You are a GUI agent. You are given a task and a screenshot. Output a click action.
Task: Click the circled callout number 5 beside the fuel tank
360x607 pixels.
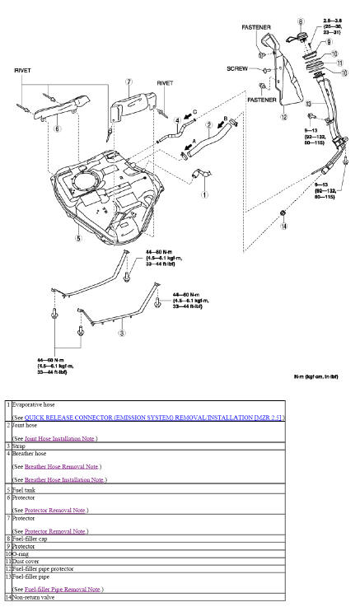[x=78, y=239]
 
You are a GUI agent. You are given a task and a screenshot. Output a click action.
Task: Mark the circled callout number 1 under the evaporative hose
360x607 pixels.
[x=204, y=195]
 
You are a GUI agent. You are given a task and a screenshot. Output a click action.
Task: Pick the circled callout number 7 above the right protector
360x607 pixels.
[x=129, y=82]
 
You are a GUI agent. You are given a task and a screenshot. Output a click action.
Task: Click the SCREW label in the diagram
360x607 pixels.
[x=237, y=69]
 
